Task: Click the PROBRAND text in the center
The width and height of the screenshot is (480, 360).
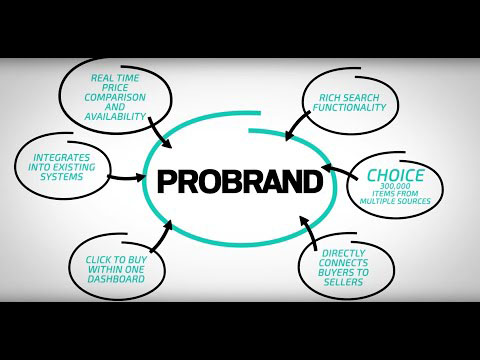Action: [240, 183]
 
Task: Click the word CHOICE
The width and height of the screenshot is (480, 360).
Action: [395, 176]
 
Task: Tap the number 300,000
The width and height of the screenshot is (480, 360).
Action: [396, 190]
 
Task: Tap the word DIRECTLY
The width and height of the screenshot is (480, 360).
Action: [347, 254]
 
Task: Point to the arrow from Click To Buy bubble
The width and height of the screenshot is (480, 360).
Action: [161, 235]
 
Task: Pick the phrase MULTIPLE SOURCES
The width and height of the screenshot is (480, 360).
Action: [397, 203]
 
